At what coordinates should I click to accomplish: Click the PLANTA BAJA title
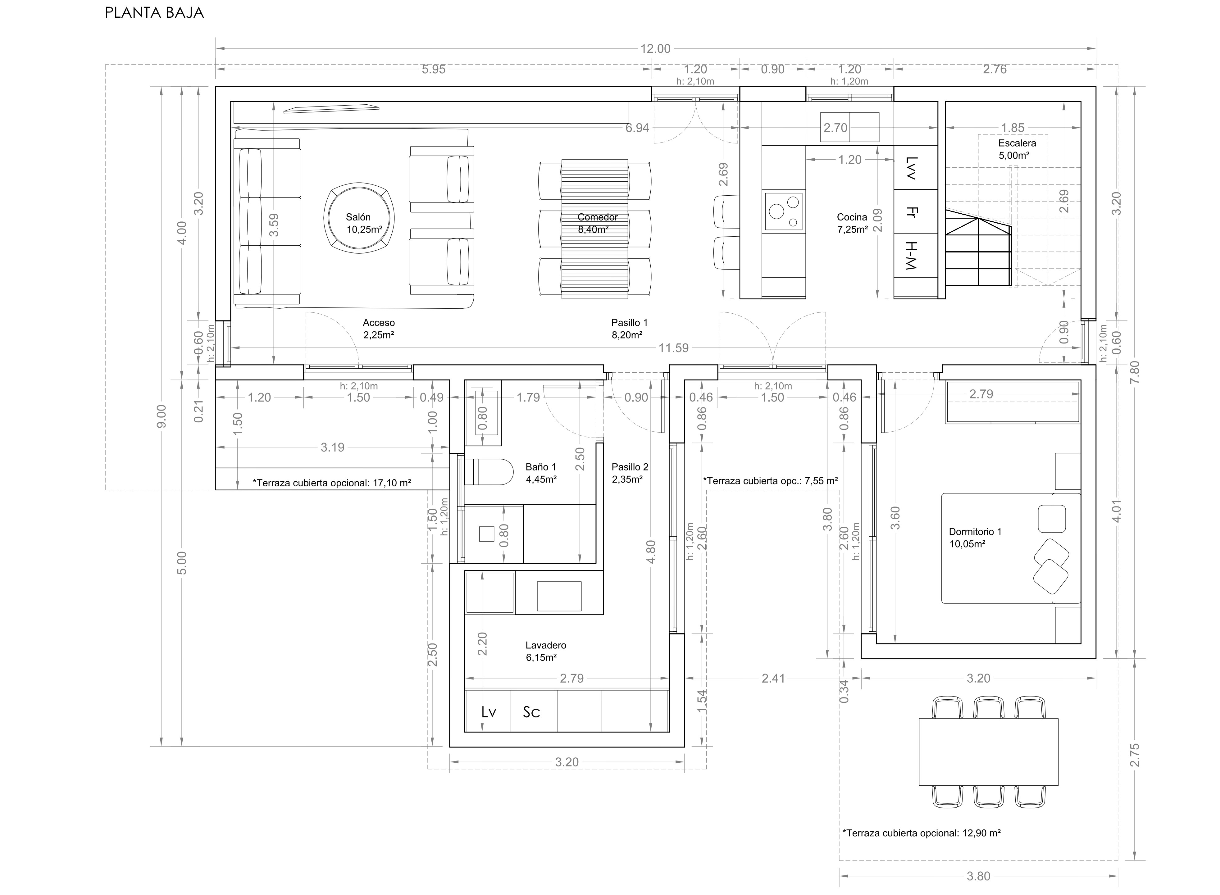point(154,13)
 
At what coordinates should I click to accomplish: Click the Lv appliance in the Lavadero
point(488,712)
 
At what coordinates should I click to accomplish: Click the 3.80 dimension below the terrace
point(978,876)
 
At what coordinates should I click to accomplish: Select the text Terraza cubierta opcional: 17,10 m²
point(331,483)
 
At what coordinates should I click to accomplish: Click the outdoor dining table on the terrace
point(988,752)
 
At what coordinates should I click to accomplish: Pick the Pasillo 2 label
point(630,472)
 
